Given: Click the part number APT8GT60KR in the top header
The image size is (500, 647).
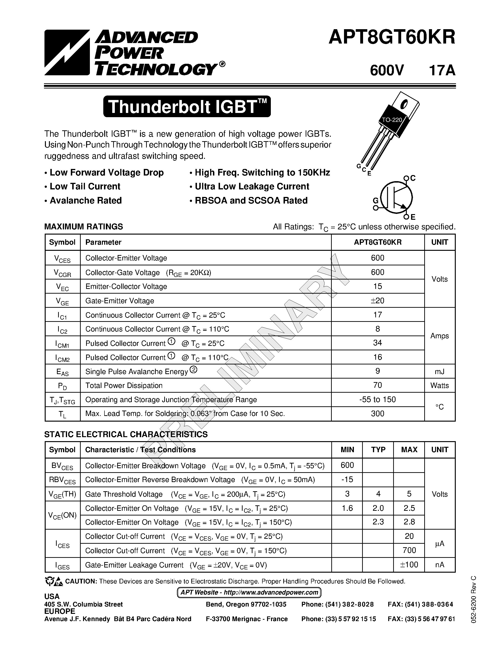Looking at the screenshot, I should pyautogui.click(x=392, y=38).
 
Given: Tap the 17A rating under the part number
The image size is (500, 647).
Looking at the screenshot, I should pyautogui.click(x=442, y=71).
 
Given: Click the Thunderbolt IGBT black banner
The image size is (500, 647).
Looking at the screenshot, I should pyautogui.click(x=187, y=107).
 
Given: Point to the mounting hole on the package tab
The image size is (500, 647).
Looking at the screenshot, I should pyautogui.click(x=404, y=104).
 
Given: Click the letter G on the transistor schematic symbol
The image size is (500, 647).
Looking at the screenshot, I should pyautogui.click(x=375, y=201).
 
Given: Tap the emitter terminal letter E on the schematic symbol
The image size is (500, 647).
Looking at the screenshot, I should pyautogui.click(x=413, y=217).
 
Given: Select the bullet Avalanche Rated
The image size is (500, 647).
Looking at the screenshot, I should pyautogui.click(x=86, y=200).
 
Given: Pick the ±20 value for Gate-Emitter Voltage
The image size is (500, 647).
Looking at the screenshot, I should pyautogui.click(x=377, y=300).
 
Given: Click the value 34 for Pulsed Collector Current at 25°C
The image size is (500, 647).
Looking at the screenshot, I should pyautogui.click(x=377, y=343).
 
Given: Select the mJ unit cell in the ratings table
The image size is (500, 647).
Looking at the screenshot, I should pyautogui.click(x=440, y=371).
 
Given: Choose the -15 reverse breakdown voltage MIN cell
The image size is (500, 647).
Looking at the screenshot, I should pyautogui.click(x=347, y=479).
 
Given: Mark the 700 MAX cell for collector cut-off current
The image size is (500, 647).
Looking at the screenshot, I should pyautogui.click(x=409, y=551).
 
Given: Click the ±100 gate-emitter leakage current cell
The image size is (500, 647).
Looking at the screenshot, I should pyautogui.click(x=409, y=565).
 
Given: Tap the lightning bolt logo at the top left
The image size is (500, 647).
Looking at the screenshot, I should pyautogui.click(x=67, y=52).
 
